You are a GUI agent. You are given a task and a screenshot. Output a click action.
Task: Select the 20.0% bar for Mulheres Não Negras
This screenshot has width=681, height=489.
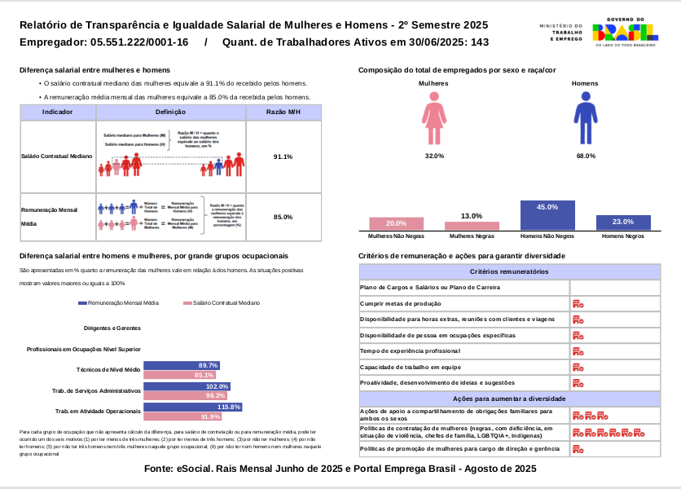coord(396,223)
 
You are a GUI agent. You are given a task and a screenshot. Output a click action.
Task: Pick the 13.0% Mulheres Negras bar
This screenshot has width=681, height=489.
coord(472,226)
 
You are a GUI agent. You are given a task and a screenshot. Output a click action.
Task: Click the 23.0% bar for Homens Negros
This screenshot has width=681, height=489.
coord(622,222)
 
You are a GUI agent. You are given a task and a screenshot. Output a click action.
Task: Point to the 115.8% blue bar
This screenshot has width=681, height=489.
coord(192,407)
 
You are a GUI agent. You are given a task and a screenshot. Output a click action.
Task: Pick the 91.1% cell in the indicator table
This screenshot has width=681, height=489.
coord(283,156)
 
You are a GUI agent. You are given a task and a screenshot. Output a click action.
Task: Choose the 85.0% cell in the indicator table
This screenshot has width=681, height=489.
coord(283,217)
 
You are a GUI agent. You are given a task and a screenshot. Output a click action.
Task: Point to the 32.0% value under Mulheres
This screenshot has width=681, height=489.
coord(434,155)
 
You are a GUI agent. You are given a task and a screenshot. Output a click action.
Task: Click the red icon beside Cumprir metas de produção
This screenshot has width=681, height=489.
coord(578,303)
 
